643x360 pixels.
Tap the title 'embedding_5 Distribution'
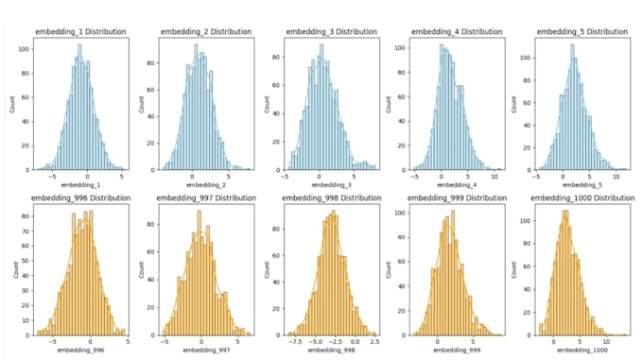tap(582, 31)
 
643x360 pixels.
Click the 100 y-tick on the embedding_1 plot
tap(22, 46)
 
